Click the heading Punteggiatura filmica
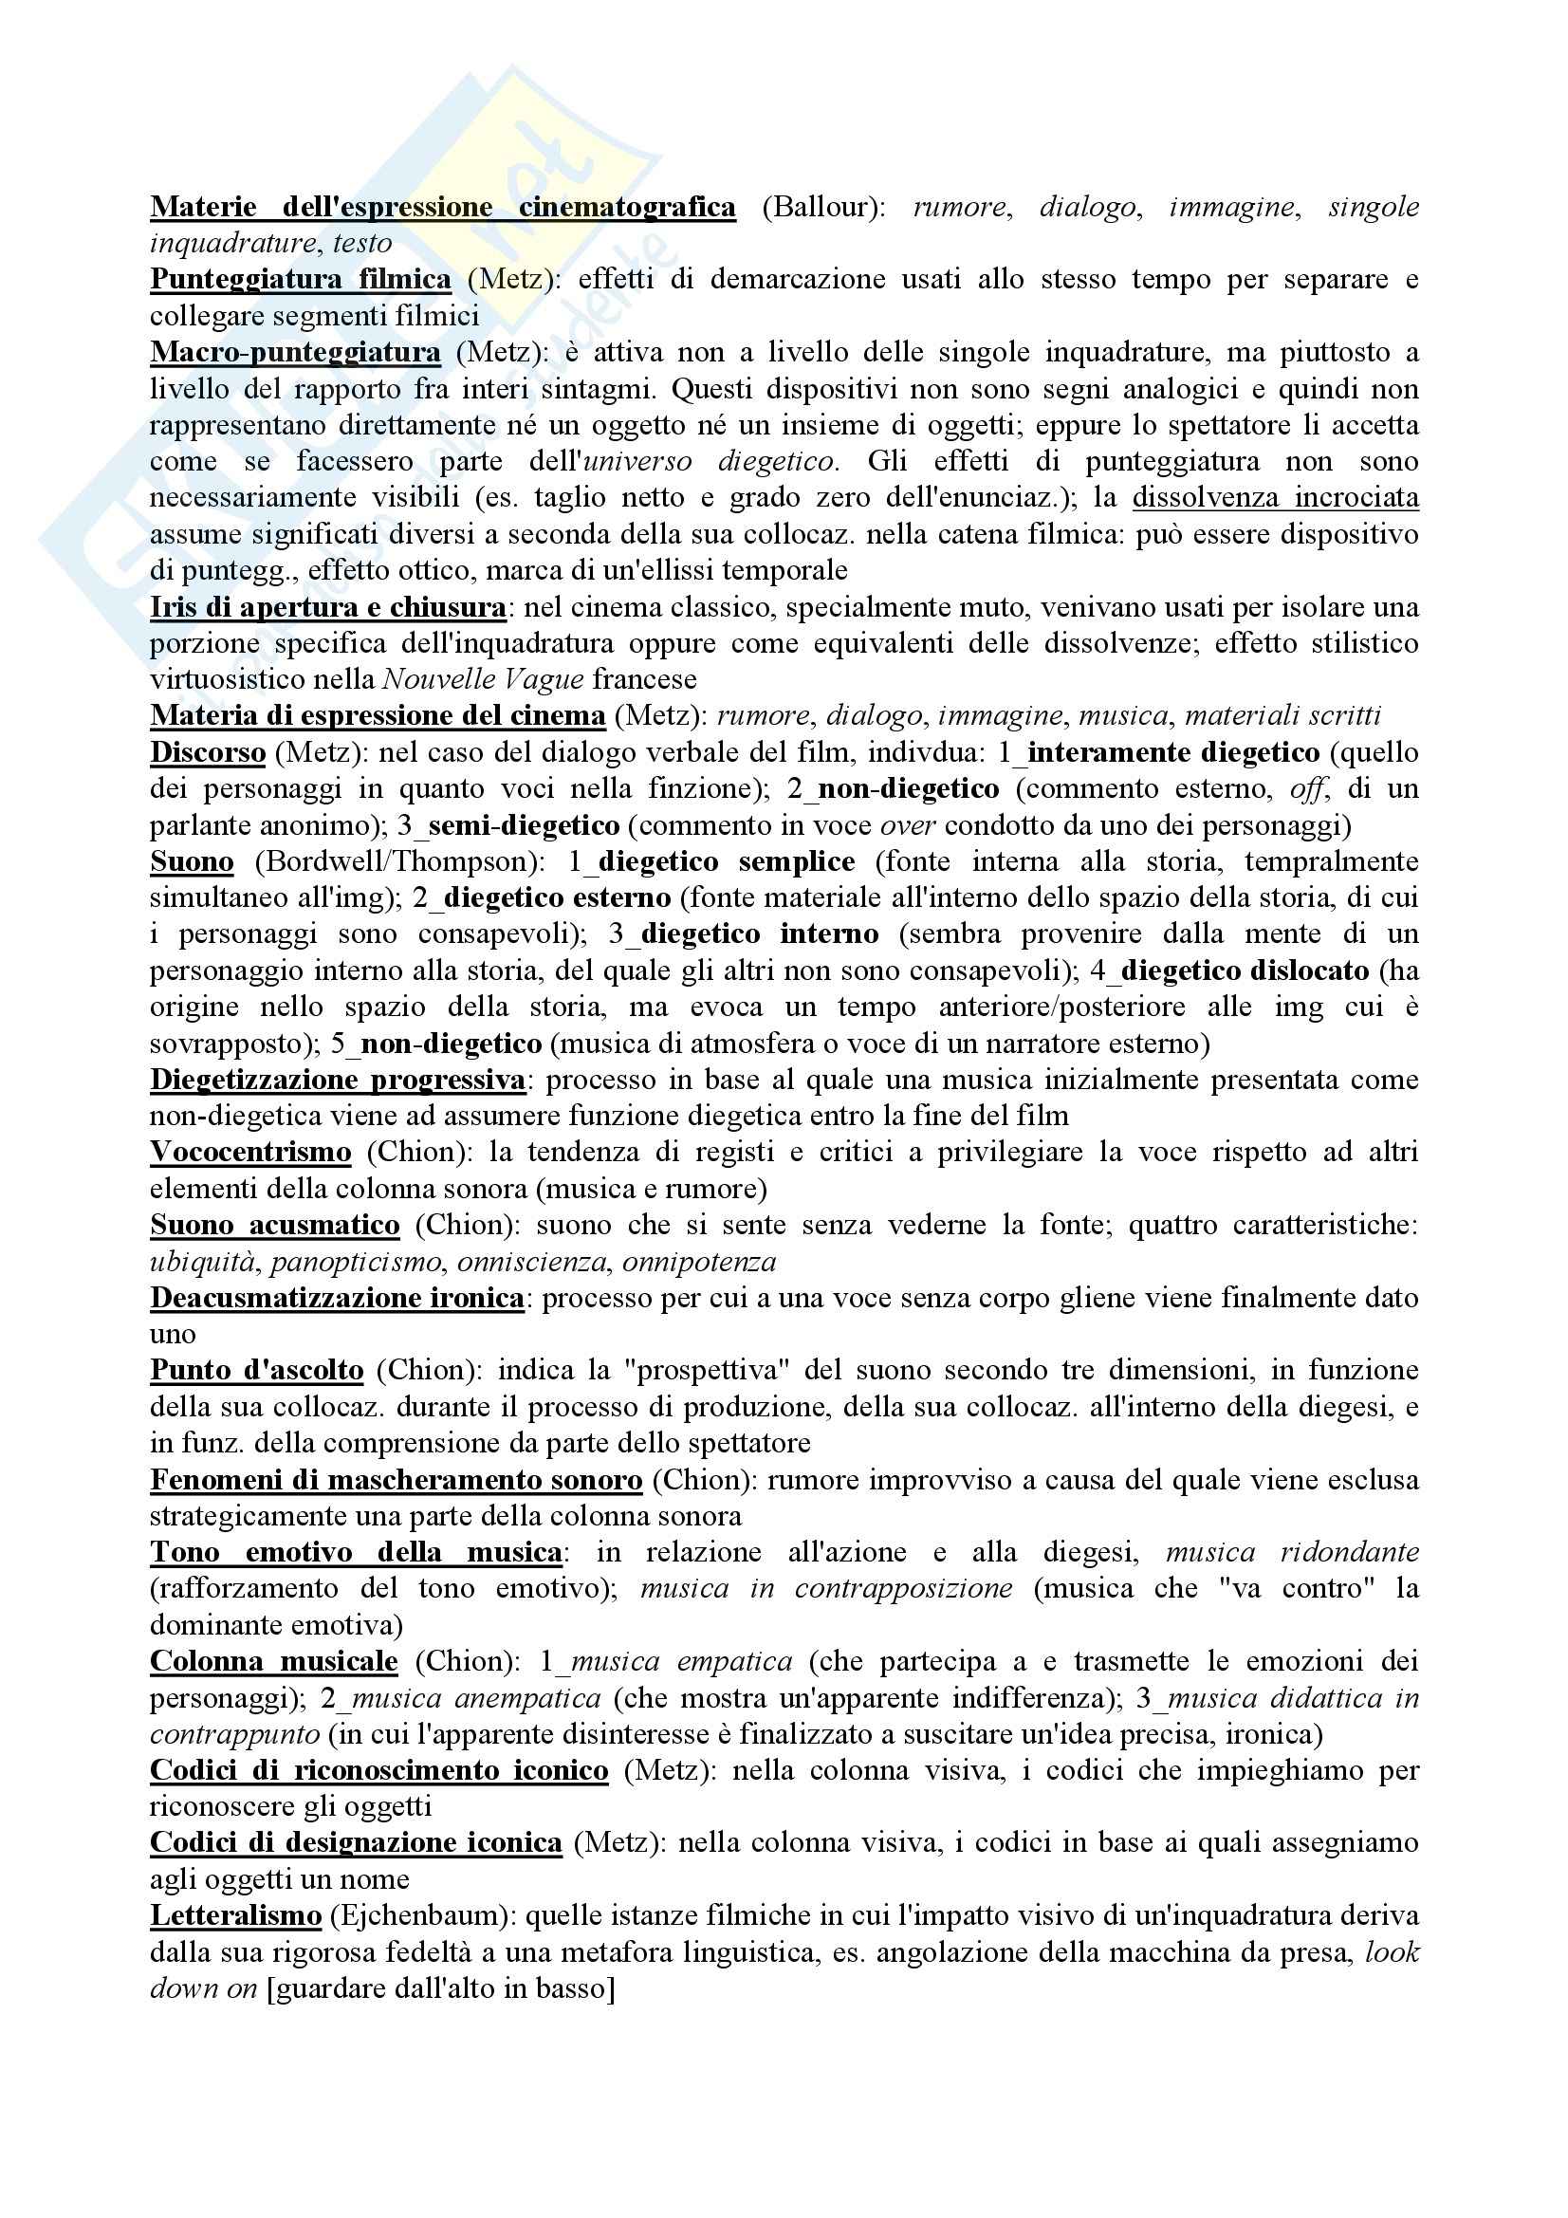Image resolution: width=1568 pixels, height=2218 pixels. click(x=301, y=280)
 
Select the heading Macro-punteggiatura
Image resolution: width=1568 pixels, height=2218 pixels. click(x=296, y=353)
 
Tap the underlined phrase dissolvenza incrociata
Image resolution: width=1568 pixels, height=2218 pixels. click(x=1275, y=497)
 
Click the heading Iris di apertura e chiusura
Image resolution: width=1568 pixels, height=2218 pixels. click(x=328, y=608)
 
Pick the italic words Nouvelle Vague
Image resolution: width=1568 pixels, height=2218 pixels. click(x=483, y=680)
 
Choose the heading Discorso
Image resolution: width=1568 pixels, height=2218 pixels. click(x=208, y=752)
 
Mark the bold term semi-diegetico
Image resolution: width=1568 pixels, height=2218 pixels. click(x=523, y=825)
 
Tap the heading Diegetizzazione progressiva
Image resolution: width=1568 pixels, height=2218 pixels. click(x=338, y=1079)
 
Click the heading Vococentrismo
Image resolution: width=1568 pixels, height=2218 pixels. click(x=250, y=1153)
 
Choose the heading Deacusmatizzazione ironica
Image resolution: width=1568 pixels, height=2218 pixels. click(x=337, y=1298)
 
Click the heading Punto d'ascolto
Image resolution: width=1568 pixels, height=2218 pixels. click(x=257, y=1371)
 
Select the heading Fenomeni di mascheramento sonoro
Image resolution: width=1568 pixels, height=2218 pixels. click(x=397, y=1480)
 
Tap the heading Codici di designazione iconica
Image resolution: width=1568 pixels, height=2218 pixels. click(x=356, y=1843)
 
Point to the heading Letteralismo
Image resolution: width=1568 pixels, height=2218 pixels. click(x=236, y=1915)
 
